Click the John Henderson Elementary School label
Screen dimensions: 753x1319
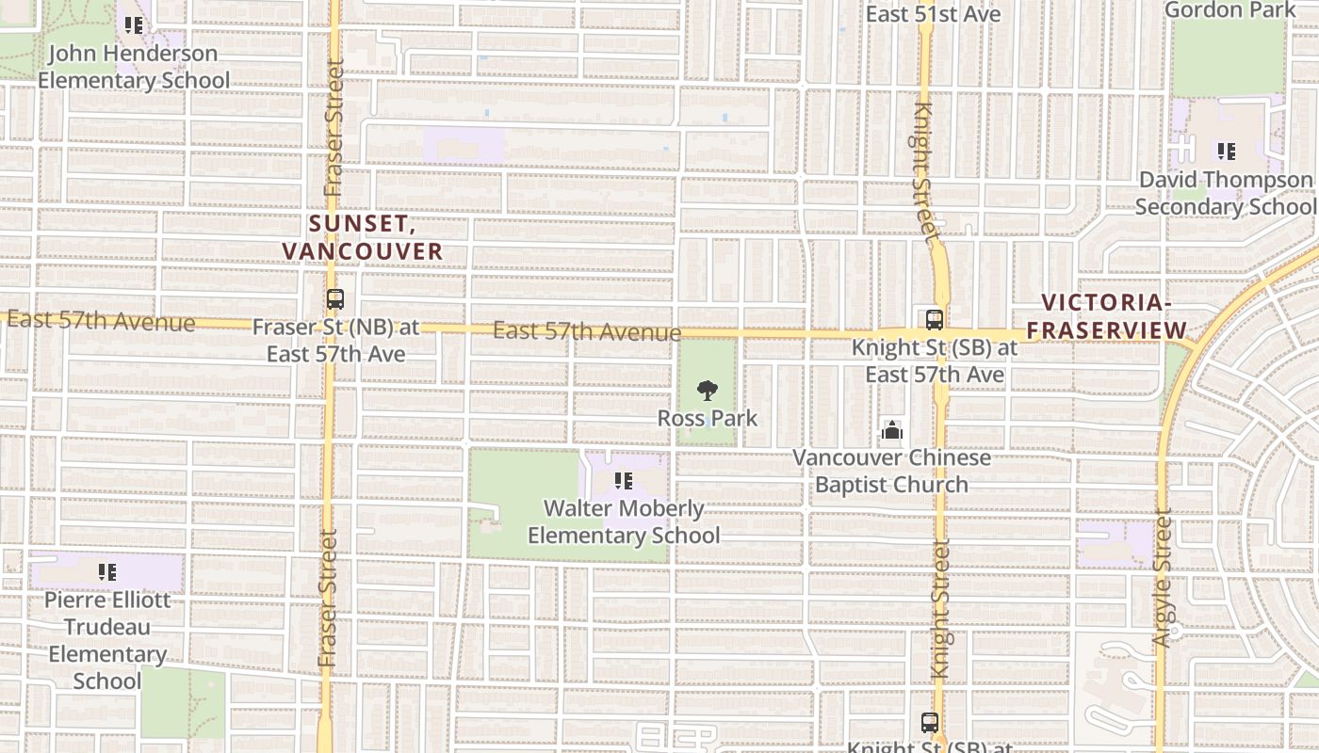(133, 67)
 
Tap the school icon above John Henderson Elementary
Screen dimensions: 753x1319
(134, 25)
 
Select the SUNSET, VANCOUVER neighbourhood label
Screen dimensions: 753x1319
(363, 237)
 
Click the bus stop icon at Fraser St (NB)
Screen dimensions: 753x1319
(334, 299)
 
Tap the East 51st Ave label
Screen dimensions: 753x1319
(933, 14)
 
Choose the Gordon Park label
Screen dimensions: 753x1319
(1230, 10)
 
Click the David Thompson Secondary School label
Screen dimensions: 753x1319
(1226, 193)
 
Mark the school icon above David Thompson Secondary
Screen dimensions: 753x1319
(1226, 151)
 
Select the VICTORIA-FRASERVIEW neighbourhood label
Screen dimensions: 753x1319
(1106, 316)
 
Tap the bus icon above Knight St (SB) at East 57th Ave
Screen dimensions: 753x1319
(934, 319)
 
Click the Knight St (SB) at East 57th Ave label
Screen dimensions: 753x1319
(934, 360)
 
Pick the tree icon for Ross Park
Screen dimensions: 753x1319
(707, 391)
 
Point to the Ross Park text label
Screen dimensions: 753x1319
(707, 418)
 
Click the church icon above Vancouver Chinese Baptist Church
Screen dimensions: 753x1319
(891, 431)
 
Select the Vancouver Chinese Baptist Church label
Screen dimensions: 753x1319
(891, 471)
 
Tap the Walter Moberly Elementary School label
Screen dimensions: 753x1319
(624, 521)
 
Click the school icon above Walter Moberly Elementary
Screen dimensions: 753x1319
(623, 481)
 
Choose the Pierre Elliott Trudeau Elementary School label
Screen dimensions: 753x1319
(107, 640)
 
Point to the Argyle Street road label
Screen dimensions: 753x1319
(1162, 578)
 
